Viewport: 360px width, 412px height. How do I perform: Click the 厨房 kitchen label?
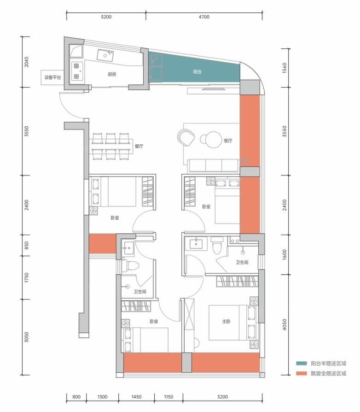pyautogui.click(x=112, y=74)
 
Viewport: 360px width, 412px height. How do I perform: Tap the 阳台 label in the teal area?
pyautogui.click(x=197, y=72)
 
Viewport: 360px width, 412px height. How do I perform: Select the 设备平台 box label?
pyautogui.click(x=52, y=77)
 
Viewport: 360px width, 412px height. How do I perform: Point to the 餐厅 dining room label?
pyautogui.click(x=139, y=146)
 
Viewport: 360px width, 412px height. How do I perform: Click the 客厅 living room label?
pyautogui.click(x=228, y=141)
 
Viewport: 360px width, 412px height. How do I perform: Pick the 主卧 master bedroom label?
pyautogui.click(x=226, y=321)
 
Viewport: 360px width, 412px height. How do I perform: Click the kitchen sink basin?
pyautogui.click(x=105, y=55)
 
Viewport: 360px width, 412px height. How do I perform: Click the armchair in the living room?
pyautogui.click(x=186, y=137)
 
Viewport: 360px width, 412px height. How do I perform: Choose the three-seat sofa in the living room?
pyautogui.click(x=213, y=165)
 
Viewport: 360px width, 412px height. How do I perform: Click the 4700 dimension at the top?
pyautogui.click(x=204, y=17)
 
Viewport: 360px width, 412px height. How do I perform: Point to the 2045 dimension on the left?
pyautogui.click(x=27, y=62)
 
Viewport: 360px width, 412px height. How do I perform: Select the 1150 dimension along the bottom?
pyautogui.click(x=168, y=397)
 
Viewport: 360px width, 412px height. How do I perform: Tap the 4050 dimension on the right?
pyautogui.click(x=285, y=325)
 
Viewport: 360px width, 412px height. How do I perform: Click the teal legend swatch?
pyautogui.click(x=302, y=364)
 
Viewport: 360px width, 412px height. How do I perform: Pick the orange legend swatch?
pyautogui.click(x=302, y=373)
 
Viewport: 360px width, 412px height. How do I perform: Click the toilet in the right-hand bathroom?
pyautogui.click(x=217, y=246)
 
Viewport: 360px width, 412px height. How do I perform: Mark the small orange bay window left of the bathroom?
pyautogui.click(x=103, y=244)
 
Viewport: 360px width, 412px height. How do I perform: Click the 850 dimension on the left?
pyautogui.click(x=27, y=246)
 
